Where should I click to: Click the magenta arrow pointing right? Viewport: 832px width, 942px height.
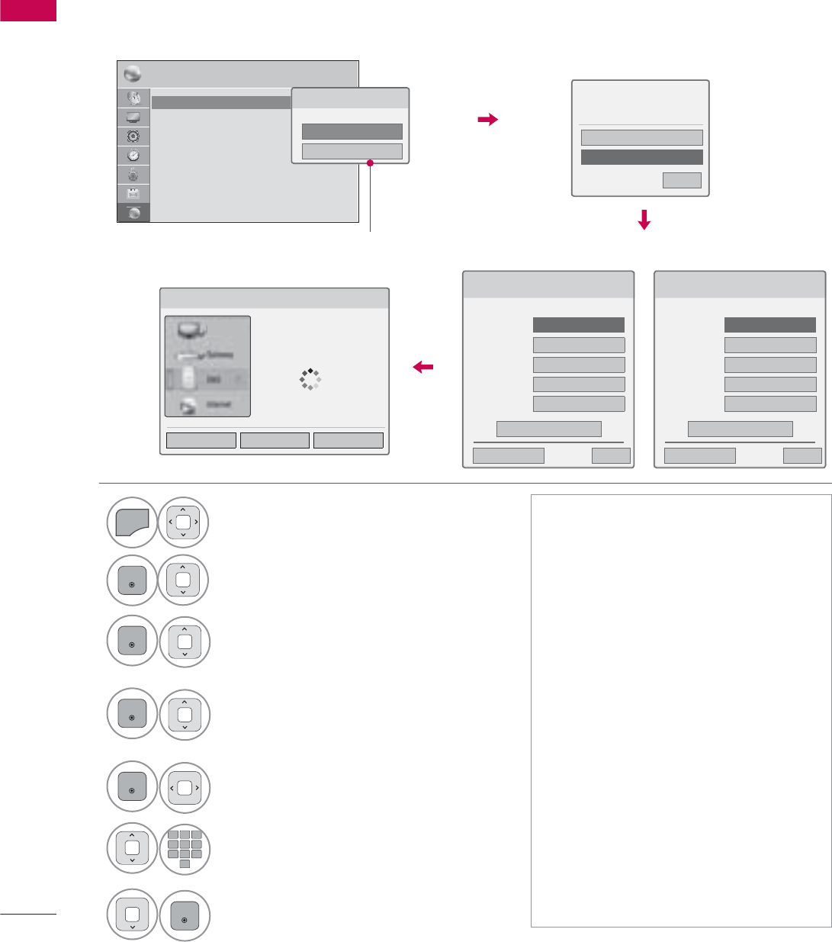[x=487, y=119]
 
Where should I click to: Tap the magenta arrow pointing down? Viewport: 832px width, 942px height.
[x=644, y=220]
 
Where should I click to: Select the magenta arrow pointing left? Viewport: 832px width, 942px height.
[x=422, y=367]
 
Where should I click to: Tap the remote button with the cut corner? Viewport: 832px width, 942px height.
[x=132, y=523]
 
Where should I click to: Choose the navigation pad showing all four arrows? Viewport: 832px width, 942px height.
[x=184, y=523]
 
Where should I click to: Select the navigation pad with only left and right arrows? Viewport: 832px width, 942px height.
[x=184, y=788]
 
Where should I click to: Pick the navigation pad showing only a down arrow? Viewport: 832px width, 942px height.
[x=132, y=915]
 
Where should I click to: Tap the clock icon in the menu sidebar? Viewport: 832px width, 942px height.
[x=133, y=156]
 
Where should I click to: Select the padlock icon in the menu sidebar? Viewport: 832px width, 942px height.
[x=133, y=175]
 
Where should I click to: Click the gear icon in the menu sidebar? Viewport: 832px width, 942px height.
[x=133, y=137]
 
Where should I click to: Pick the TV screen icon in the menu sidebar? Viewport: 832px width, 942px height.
[x=133, y=117]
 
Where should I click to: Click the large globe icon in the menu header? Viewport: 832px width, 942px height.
[x=132, y=74]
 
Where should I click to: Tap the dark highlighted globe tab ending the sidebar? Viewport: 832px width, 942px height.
[x=133, y=214]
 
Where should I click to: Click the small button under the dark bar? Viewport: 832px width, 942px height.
[x=682, y=180]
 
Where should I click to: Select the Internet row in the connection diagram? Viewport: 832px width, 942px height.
[x=207, y=404]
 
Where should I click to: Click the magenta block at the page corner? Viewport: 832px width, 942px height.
[x=28, y=11]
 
